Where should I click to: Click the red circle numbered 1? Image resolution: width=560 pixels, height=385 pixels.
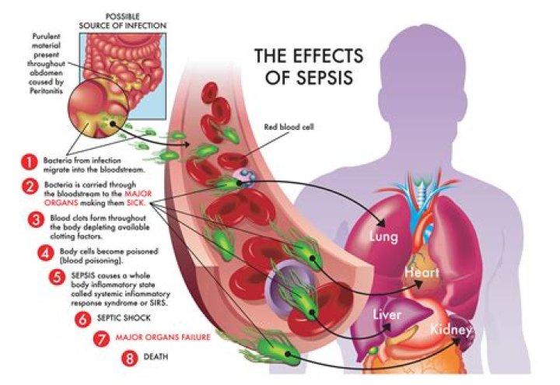(29, 162)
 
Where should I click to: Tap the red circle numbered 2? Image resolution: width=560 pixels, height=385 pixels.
(29, 187)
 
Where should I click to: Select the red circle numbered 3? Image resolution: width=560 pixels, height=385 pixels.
(35, 219)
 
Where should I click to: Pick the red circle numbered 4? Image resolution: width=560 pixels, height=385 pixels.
(44, 252)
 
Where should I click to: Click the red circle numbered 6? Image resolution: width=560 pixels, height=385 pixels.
(82, 318)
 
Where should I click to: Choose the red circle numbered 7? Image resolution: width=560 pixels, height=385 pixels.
(99, 338)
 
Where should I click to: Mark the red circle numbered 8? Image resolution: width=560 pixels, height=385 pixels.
(130, 359)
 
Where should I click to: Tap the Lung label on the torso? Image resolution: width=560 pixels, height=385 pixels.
(384, 236)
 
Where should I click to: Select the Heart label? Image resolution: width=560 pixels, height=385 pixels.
(422, 273)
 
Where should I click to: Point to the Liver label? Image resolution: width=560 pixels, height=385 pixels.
(387, 315)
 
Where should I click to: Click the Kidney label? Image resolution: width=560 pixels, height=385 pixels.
(451, 331)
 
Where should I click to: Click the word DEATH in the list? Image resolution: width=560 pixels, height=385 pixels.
(159, 359)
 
